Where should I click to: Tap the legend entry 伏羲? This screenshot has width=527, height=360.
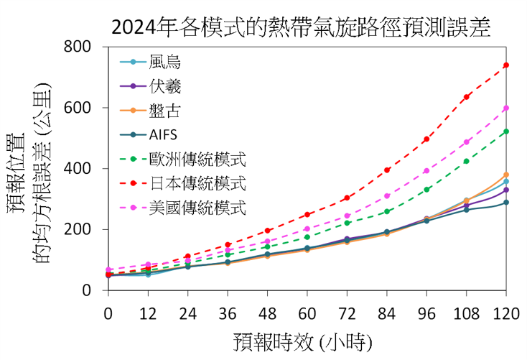166,86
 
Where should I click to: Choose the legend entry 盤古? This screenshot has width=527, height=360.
166,110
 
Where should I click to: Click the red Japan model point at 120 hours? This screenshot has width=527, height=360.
506,65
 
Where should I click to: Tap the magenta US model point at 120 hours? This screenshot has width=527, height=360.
506,108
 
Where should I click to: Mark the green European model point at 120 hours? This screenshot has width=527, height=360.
506,131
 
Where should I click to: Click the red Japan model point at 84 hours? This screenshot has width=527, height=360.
387,170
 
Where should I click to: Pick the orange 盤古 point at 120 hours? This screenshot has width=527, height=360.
506,175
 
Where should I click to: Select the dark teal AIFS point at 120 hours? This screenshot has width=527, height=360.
506,202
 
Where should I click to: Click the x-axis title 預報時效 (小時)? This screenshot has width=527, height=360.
307,341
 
